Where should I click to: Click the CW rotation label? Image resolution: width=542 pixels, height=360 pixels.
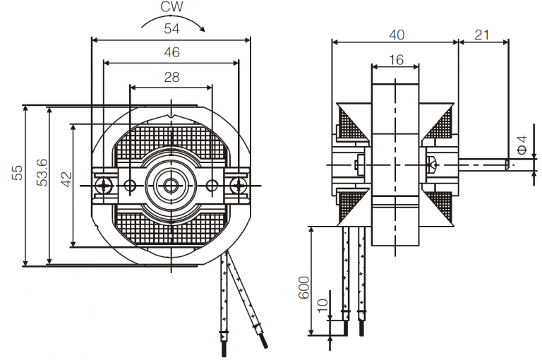click(172, 8)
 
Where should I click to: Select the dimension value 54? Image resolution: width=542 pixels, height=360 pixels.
click(172, 29)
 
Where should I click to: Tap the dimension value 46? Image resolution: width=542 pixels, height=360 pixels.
click(172, 52)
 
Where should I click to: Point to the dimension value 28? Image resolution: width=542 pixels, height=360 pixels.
click(172, 77)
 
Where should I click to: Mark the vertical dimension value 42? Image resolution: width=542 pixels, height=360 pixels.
click(66, 178)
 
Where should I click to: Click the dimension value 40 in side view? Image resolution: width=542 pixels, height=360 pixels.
click(396, 33)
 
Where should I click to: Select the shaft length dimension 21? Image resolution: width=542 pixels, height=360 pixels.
click(483, 33)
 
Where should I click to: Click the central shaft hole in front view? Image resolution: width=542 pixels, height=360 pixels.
click(171, 186)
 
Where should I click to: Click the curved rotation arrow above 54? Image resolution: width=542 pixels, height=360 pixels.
click(173, 20)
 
